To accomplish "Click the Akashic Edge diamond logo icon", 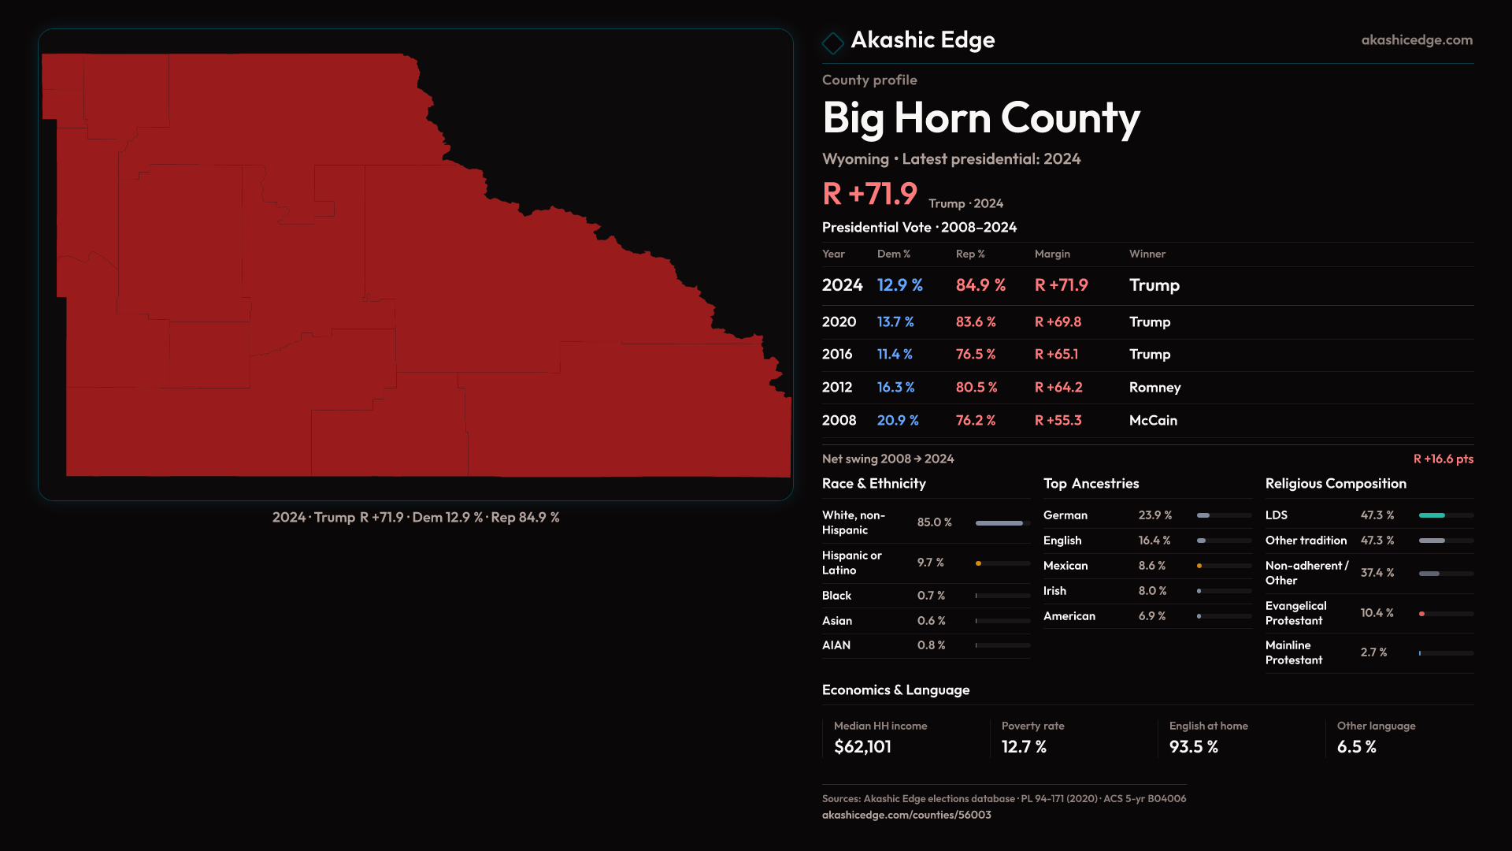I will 832,43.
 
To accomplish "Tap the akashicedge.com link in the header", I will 1417,40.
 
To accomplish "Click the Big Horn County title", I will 980,118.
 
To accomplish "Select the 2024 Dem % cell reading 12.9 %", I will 899,285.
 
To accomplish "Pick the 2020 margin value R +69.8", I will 1058,322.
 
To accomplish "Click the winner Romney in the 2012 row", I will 1154,388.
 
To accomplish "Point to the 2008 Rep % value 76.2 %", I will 975,421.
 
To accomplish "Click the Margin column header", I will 1052,254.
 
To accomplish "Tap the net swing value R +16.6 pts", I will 1443,459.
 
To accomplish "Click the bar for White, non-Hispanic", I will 999,523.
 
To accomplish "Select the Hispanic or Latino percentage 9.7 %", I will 930,563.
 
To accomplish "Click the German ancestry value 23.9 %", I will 1154,515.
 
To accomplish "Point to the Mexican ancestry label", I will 1065,566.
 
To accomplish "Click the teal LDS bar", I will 1432,515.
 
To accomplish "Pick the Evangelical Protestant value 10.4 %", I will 1377,613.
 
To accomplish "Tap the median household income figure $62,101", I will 862,747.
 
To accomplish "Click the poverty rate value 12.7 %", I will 1024,747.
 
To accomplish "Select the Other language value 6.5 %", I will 1356,747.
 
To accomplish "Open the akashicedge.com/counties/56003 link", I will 906,815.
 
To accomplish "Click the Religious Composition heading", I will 1336,484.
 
